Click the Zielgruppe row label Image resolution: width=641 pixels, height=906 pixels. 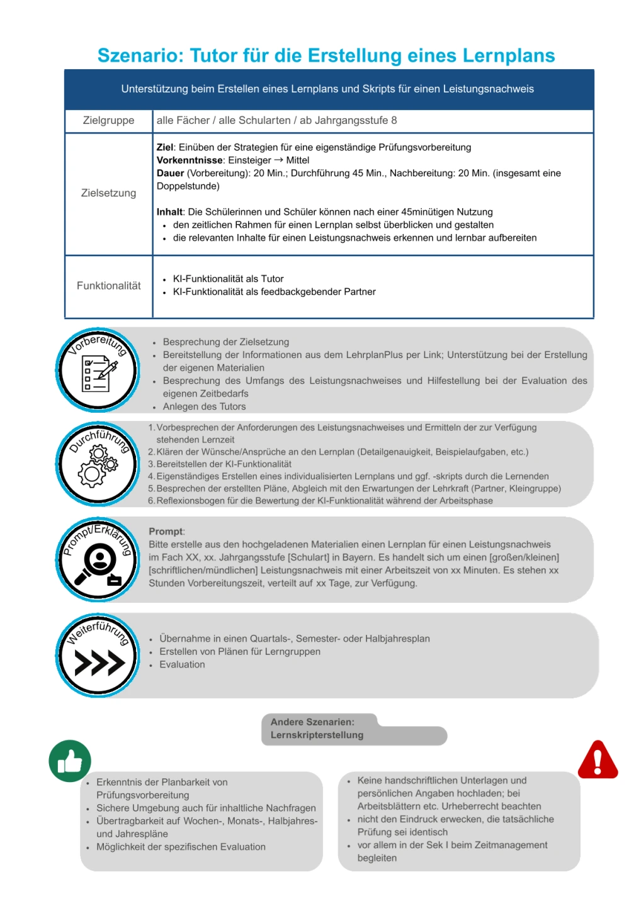pyautogui.click(x=108, y=120)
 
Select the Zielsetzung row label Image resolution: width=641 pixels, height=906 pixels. pyautogui.click(x=108, y=193)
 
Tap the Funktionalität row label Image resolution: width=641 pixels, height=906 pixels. pyautogui.click(x=108, y=286)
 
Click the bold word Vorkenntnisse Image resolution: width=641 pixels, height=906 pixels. pyautogui.click(x=190, y=160)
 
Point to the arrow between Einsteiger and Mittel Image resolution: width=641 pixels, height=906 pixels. pyautogui.click(x=278, y=160)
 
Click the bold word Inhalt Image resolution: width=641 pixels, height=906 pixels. pyautogui.click(x=169, y=212)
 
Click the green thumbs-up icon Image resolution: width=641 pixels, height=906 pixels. pyautogui.click(x=70, y=761)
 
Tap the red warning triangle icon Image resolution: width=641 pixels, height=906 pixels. pyautogui.click(x=598, y=760)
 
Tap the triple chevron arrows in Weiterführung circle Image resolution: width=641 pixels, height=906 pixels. pyautogui.click(x=99, y=663)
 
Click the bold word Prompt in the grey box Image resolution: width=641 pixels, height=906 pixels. pyautogui.click(x=166, y=532)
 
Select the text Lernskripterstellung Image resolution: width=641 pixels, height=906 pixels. pyautogui.click(x=317, y=735)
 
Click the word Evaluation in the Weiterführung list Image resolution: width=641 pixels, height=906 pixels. pyautogui.click(x=182, y=664)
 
